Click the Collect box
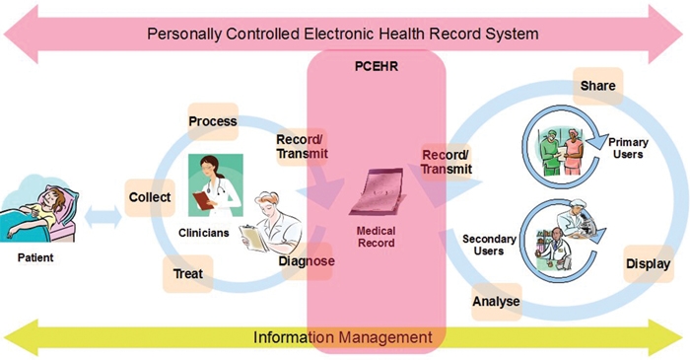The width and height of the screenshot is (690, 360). click(150, 197)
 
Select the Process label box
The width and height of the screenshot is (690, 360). click(213, 121)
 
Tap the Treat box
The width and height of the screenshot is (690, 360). click(188, 274)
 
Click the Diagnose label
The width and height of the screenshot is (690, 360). click(307, 261)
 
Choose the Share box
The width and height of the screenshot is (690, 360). click(597, 86)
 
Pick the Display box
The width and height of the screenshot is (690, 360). click(649, 264)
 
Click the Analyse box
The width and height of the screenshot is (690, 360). click(497, 302)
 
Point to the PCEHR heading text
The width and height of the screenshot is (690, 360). click(377, 66)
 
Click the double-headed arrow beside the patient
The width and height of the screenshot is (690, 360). click(103, 217)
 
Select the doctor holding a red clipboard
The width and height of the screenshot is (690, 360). click(216, 185)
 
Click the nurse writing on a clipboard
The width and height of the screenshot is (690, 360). click(271, 223)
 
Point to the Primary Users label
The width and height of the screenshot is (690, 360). click(628, 148)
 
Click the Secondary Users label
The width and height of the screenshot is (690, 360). click(489, 246)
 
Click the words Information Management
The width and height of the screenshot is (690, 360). click(343, 337)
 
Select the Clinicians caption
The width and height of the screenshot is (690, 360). click(204, 233)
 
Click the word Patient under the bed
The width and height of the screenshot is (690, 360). click(35, 257)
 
